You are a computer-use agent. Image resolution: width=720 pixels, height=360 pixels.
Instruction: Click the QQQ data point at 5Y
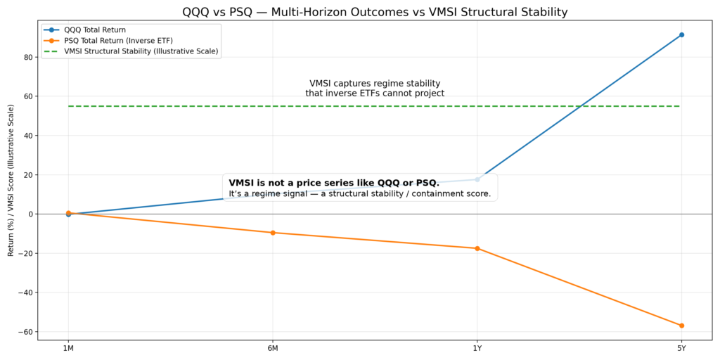681,34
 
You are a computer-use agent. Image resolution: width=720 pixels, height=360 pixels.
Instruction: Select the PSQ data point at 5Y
681,326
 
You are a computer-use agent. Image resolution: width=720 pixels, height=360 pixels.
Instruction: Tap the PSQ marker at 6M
273,233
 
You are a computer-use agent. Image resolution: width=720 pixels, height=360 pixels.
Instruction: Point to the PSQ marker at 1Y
477,248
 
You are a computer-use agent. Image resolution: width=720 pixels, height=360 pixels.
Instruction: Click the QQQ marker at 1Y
477,179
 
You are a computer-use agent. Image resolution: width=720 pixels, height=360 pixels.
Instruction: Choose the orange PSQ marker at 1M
68,212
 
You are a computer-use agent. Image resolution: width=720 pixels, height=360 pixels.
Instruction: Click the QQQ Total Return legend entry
94,30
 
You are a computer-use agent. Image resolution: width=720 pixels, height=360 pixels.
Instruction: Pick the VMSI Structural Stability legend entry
141,51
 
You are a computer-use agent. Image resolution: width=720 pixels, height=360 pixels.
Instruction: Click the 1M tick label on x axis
68,348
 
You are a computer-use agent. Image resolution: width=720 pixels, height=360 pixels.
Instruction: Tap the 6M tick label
273,348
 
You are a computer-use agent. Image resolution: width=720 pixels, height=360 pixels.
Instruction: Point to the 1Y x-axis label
477,348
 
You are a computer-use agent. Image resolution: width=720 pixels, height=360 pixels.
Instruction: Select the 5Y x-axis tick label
681,348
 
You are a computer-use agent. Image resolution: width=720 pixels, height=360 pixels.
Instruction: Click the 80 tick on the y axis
27,57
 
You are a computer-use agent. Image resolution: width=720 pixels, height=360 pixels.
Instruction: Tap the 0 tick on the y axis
30,214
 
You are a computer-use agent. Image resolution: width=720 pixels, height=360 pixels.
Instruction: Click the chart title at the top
375,12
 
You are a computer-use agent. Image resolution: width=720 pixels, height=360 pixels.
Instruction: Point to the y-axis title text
11,180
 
